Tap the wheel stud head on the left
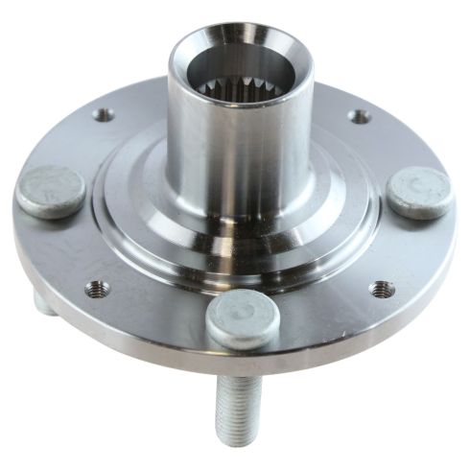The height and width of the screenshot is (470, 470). pyautogui.click(x=50, y=191)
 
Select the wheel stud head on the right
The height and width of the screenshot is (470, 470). pyautogui.click(x=419, y=192)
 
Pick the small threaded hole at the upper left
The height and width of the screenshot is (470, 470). pyautogui.click(x=103, y=114)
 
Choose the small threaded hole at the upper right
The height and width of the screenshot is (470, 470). pyautogui.click(x=359, y=116)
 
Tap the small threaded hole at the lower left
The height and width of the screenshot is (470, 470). pyautogui.click(x=95, y=287)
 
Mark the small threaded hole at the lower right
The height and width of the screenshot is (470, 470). pyautogui.click(x=381, y=289)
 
